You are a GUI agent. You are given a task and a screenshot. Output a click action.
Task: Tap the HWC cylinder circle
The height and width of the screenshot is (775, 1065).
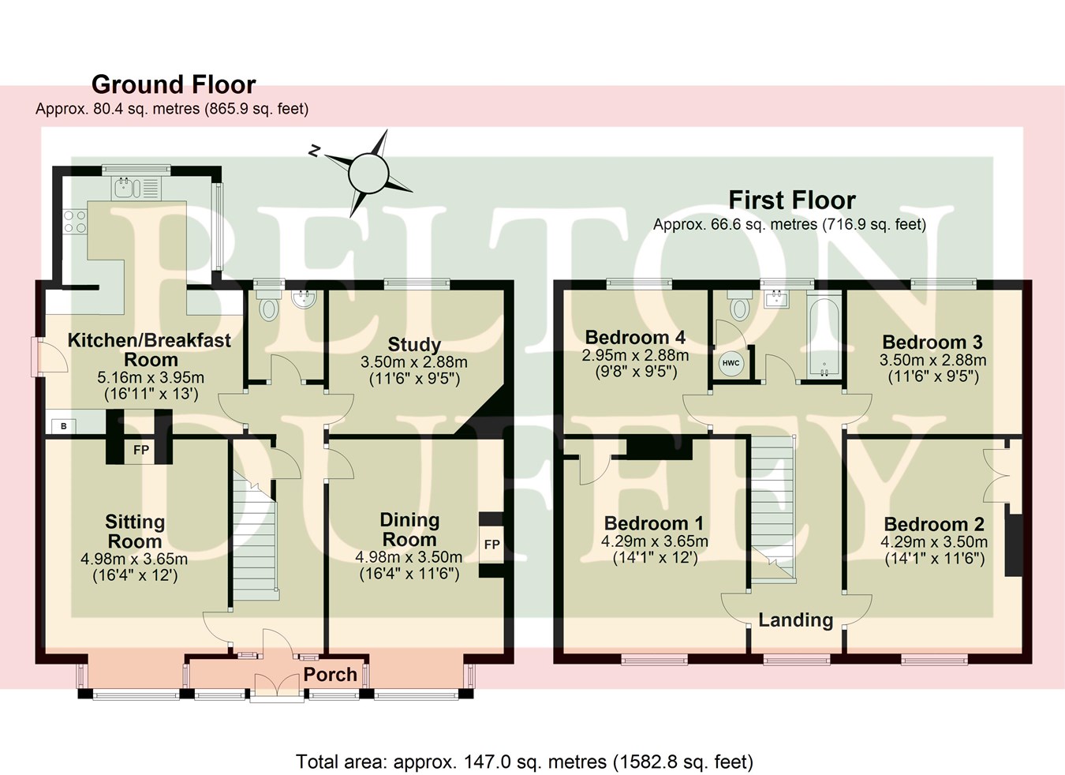coord(731,363)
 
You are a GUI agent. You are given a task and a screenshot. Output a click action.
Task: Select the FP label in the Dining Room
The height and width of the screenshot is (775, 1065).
coord(491,545)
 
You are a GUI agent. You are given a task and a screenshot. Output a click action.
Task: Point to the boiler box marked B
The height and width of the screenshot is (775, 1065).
coord(64,427)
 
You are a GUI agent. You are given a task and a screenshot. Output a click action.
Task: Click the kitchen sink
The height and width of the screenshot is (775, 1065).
coord(126,188)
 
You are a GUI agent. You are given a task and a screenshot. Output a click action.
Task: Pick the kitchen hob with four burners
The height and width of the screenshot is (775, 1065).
coord(75,220)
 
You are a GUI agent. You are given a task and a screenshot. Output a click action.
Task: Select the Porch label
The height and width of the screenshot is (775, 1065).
coord(331,675)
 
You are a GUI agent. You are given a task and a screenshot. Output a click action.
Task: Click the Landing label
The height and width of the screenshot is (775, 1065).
coord(795,620)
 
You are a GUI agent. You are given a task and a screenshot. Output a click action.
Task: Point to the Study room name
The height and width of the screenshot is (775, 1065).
coord(414,345)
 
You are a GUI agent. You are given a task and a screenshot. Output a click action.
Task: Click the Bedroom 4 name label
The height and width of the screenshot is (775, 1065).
coord(635,338)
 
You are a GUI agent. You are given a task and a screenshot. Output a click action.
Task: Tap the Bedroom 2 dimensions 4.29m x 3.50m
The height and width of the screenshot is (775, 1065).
coord(934,542)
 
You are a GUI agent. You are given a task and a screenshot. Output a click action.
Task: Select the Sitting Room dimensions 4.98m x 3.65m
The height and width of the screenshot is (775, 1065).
coord(134,559)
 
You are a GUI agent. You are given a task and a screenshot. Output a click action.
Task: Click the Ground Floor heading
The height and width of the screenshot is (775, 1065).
coord(174,84)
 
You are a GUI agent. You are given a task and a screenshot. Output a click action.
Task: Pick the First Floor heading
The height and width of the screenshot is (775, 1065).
coord(791,200)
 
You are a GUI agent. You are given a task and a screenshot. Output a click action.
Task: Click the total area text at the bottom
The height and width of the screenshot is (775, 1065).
coord(525,762)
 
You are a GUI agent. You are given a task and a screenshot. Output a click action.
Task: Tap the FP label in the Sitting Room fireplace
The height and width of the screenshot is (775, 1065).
coord(141,451)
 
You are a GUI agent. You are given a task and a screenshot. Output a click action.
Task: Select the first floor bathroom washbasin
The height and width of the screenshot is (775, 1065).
coord(778,298)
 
